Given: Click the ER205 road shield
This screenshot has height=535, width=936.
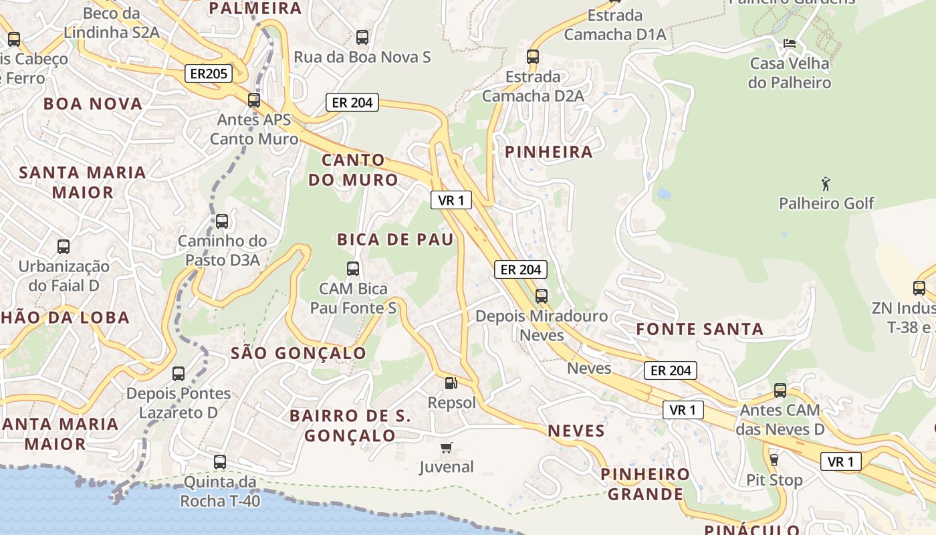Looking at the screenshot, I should pos(209,74).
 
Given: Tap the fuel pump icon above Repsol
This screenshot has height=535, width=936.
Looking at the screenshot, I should pos(451,383).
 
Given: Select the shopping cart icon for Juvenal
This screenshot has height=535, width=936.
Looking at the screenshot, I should pos(446,447).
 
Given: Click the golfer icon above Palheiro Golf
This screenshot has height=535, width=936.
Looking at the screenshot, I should pos(826,183).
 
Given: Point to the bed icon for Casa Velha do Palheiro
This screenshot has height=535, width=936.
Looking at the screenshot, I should pos(789,43).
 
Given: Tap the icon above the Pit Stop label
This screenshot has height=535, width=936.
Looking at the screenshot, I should pos(774,460).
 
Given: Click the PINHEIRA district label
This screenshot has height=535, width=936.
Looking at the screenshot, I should pos(548,152).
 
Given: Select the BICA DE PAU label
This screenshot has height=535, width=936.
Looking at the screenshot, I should pos(395,239).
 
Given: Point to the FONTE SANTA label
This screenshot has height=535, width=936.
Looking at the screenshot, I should pos(699,329).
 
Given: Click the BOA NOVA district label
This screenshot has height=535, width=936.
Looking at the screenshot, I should pos(93,104).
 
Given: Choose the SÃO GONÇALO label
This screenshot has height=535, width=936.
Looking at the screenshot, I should pos(298,353).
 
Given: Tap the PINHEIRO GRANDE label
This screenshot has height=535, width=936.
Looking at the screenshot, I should pos(645,484).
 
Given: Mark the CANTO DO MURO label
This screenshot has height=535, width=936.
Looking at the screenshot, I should pos(353,170).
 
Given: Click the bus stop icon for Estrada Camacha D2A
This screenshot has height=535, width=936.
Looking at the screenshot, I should pos(532,57).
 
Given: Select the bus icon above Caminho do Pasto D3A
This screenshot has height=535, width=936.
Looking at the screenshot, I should pos(221,221).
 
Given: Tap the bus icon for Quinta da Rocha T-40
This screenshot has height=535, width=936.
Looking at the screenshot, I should pos(219,461).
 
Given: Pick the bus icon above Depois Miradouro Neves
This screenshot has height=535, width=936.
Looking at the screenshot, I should pos(541,296).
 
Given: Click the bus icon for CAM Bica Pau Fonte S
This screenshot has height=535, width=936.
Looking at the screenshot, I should pos(353,269).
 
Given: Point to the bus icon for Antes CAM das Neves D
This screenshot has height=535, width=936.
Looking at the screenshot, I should pos(780,391).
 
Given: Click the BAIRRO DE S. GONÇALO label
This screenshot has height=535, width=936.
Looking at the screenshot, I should pos(351,425).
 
